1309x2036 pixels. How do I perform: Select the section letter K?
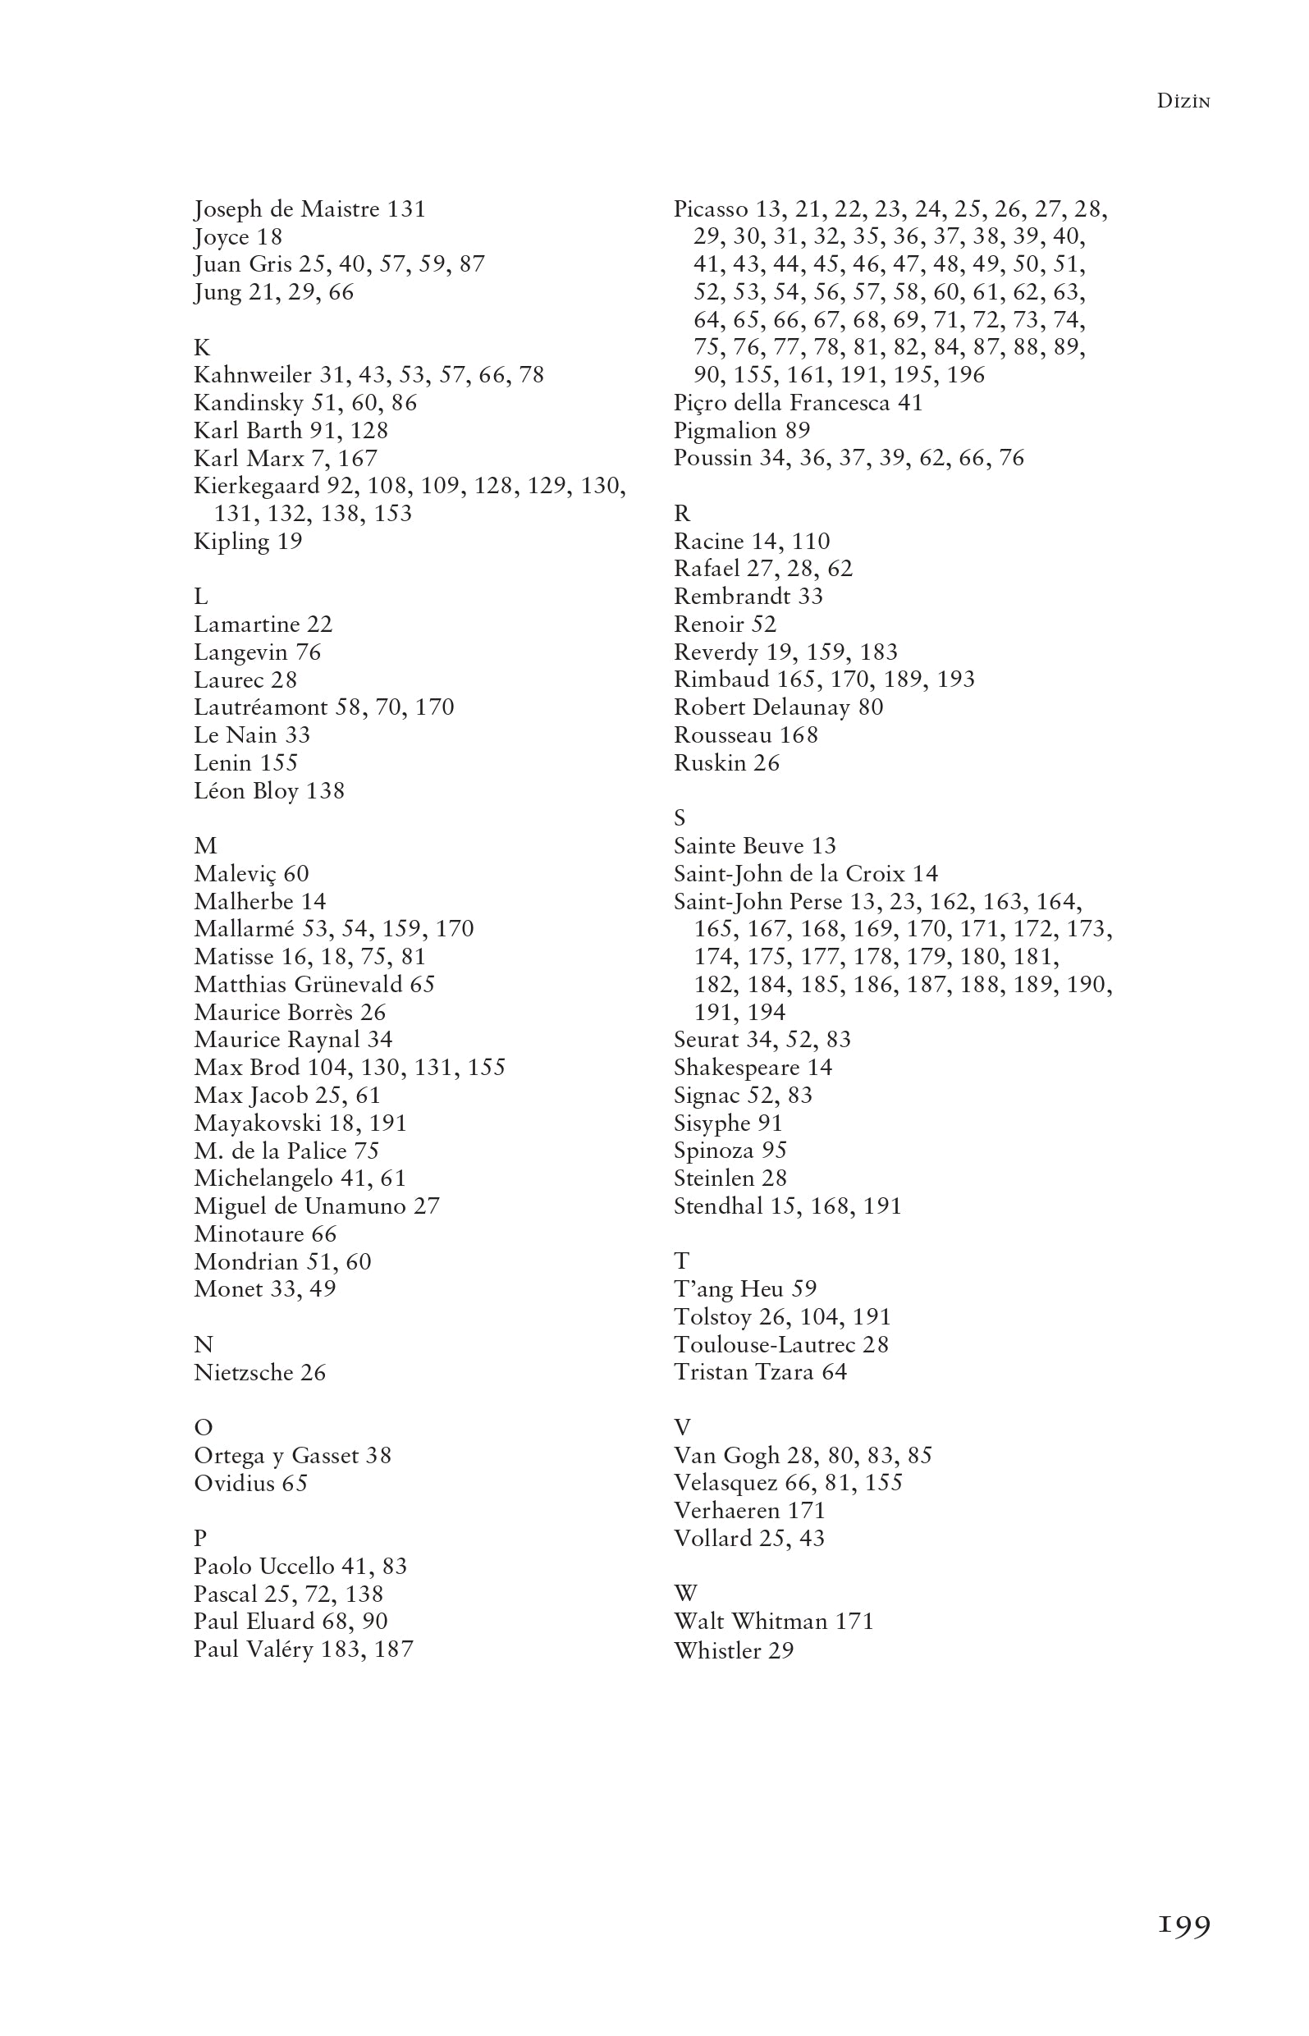(x=201, y=348)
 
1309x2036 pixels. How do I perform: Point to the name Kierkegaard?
(x=257, y=486)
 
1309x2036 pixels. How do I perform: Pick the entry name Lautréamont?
(x=260, y=708)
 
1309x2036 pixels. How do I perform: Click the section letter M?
(x=205, y=845)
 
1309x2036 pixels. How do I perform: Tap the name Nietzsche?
(x=242, y=1372)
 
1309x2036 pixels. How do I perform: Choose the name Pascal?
(x=224, y=1594)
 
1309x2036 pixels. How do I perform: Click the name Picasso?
(x=711, y=209)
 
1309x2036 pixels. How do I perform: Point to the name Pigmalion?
(x=725, y=431)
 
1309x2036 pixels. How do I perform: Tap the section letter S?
(x=680, y=818)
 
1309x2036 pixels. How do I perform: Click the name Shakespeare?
(x=737, y=1068)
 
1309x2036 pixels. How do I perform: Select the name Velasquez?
(x=725, y=1484)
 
